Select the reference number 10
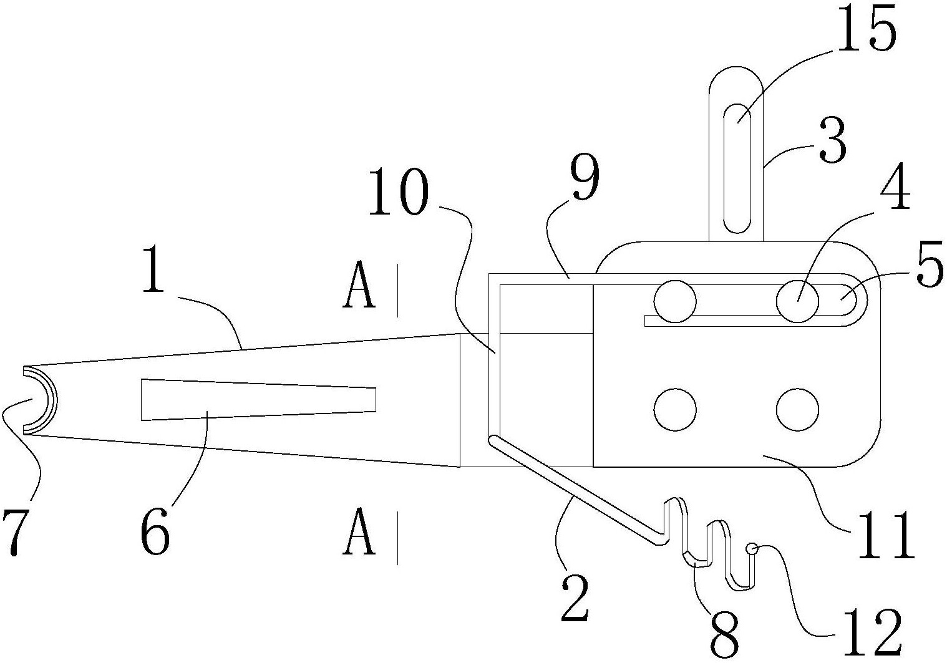coord(398,193)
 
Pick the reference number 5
coord(930,264)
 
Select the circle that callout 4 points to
coord(797,302)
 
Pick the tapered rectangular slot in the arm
coord(258,400)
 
